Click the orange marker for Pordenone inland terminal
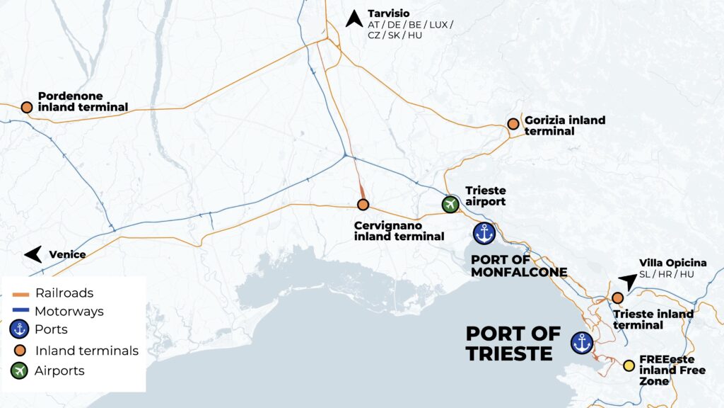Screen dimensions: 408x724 tap(26, 107)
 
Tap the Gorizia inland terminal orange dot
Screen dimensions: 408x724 tap(513, 124)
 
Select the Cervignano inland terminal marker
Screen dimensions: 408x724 tap(363, 205)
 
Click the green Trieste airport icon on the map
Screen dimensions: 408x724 tap(450, 204)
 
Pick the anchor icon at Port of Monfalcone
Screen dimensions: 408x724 tap(485, 233)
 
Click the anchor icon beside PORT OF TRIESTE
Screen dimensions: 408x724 tap(581, 343)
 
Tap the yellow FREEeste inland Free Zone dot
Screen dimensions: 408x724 tap(628, 365)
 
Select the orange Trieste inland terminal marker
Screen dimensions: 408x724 tap(617, 298)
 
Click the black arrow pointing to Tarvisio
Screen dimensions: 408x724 tap(354, 18)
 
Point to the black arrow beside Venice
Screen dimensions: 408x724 tap(33, 254)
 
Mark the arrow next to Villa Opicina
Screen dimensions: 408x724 tap(627, 281)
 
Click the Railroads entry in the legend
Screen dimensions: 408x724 tap(64, 293)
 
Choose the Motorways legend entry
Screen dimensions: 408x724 tap(69, 311)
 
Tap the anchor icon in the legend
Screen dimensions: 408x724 tap(19, 330)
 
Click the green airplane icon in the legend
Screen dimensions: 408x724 tap(19, 370)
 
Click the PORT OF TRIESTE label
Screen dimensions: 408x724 tap(513, 344)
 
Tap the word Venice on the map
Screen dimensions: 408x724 tap(67, 254)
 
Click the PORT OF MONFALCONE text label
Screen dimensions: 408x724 tap(519, 266)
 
